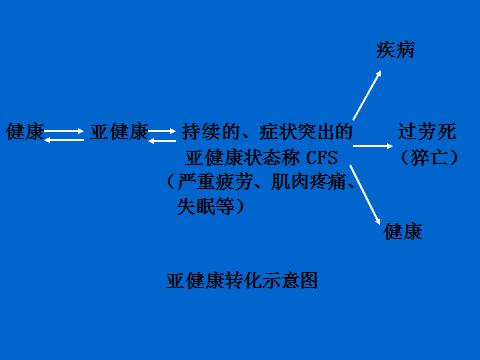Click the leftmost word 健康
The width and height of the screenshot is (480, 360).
click(25, 132)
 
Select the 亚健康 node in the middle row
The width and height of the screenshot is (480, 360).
click(119, 132)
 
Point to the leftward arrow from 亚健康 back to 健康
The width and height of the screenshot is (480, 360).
click(66, 139)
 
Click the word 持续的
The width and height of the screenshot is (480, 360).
click(207, 132)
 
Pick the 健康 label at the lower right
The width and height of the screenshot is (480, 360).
click(402, 232)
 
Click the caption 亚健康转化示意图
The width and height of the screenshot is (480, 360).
click(242, 281)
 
